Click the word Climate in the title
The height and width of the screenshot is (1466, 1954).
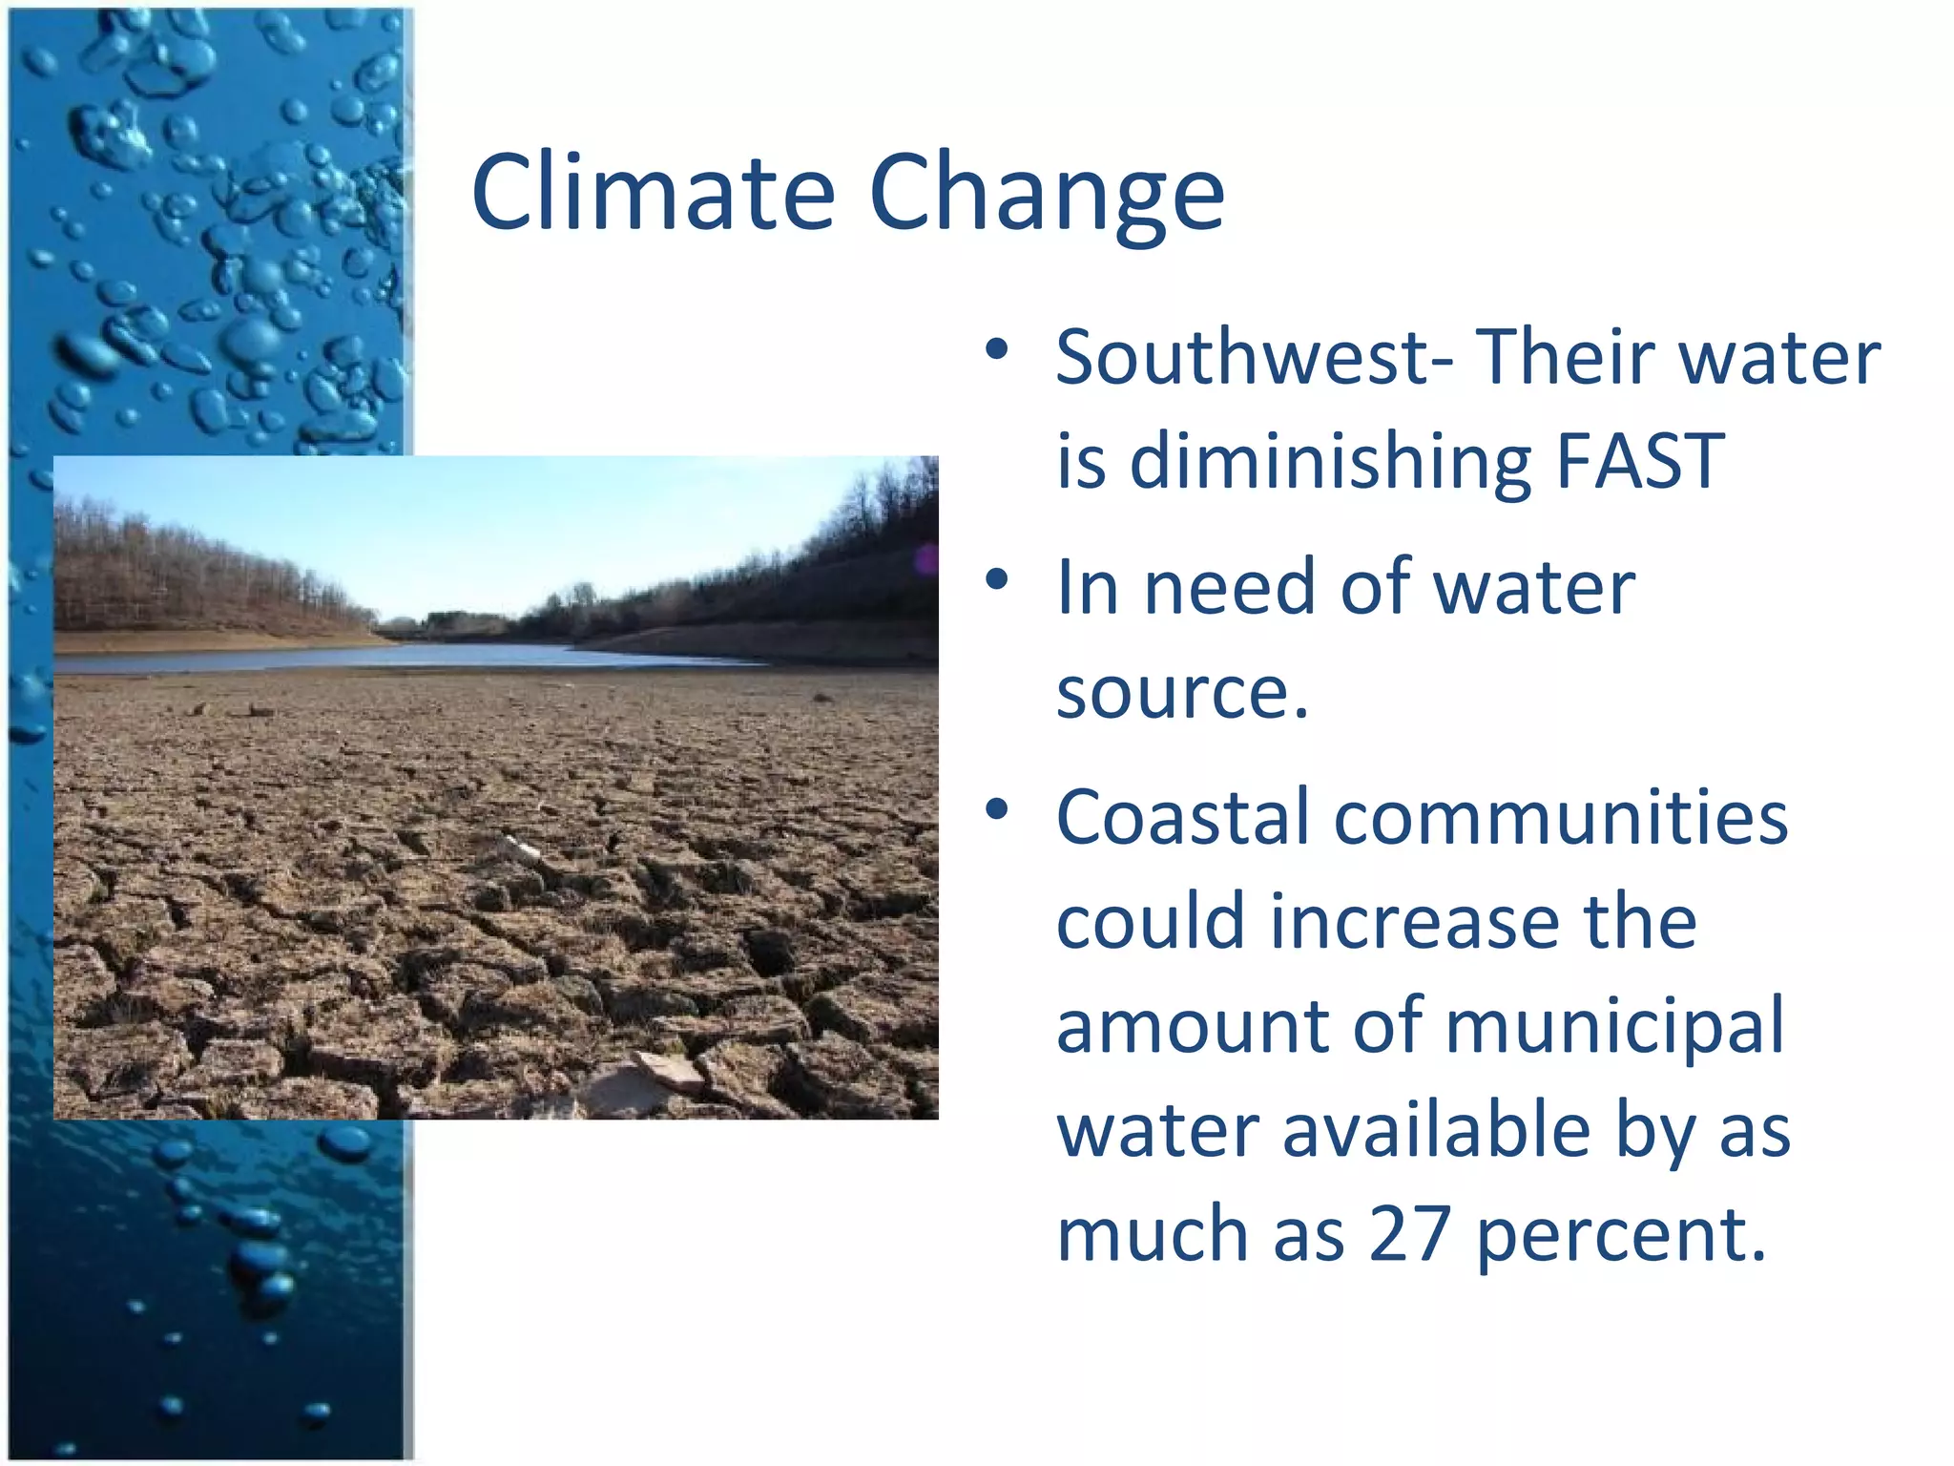654,193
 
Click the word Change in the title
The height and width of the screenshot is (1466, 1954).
1047,193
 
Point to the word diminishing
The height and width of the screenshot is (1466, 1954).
1329,463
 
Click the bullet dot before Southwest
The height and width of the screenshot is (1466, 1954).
997,349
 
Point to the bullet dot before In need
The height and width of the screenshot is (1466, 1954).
997,579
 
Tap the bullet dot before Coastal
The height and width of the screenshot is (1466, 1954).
997,810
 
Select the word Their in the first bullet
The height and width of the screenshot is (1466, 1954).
1565,358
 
